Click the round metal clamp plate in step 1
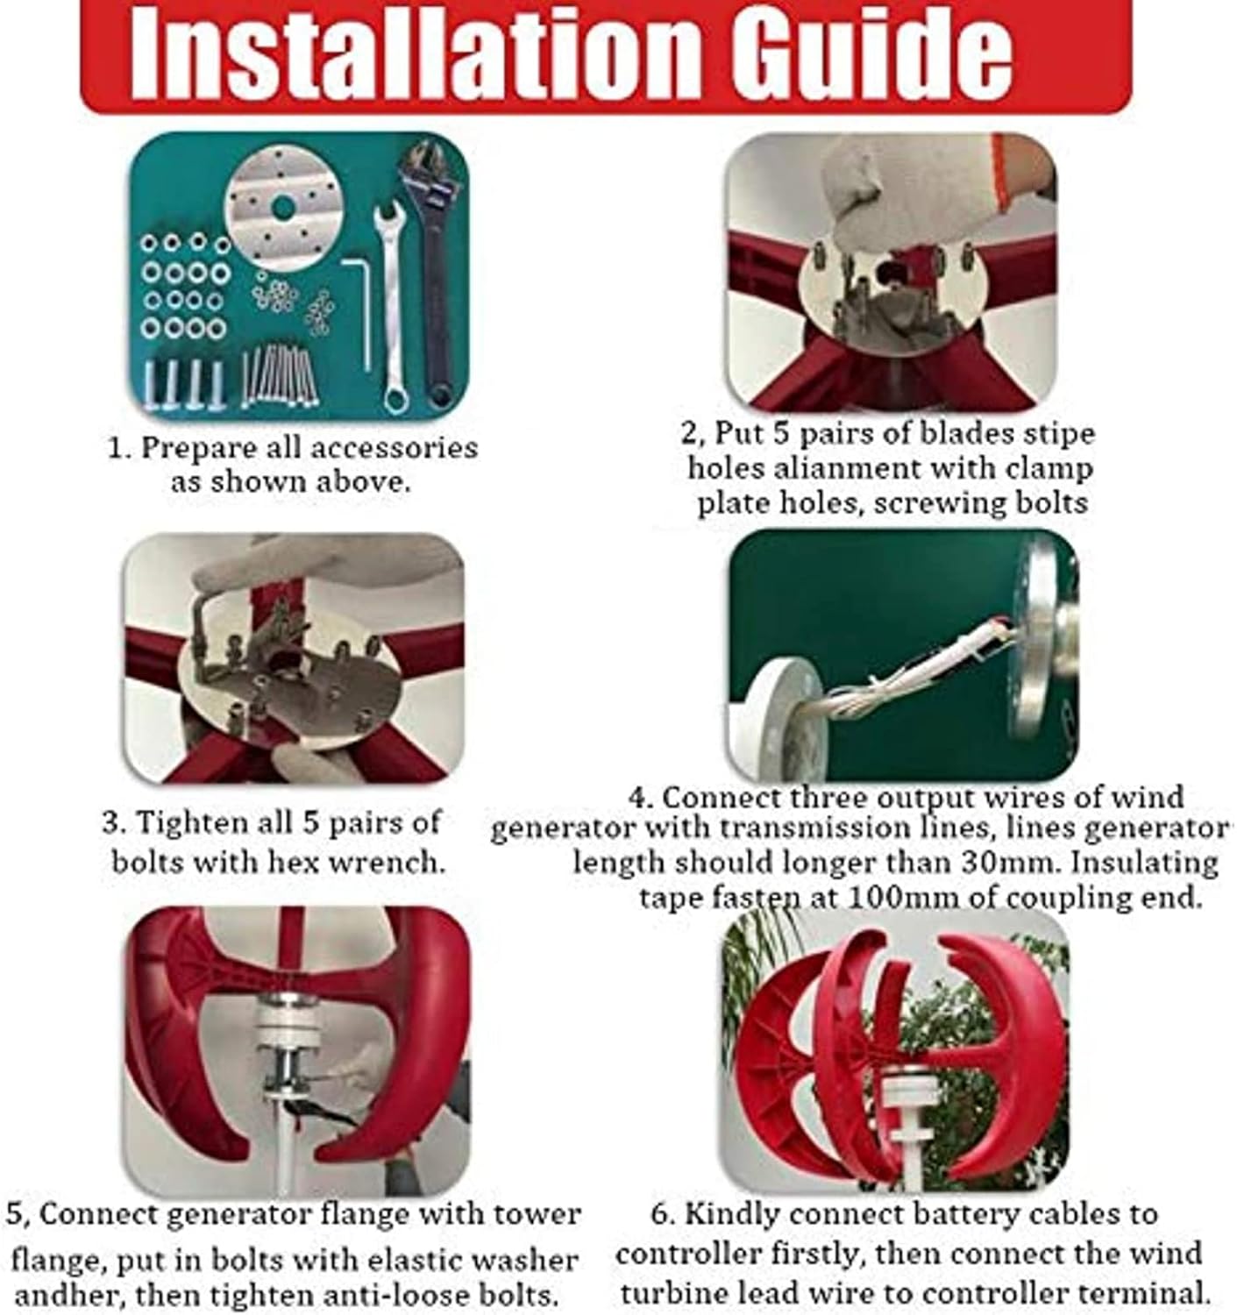[283, 208]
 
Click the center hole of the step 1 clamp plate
[283, 208]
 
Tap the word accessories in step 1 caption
[394, 448]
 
